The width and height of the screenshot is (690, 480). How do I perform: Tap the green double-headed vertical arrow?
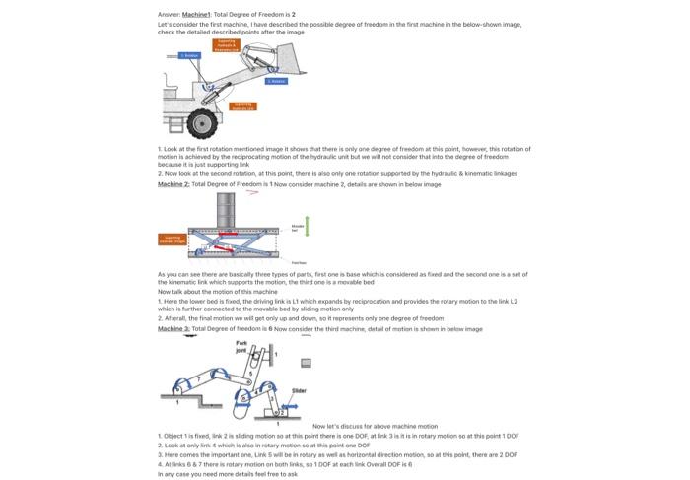307,227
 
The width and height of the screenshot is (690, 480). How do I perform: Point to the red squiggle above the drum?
253,193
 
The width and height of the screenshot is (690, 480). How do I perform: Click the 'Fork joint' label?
241,346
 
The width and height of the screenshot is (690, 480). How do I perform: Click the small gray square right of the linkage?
306,362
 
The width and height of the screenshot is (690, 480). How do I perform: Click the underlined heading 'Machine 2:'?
173,184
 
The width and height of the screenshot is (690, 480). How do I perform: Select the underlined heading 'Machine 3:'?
173,329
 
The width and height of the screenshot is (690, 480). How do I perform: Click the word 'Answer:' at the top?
169,15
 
